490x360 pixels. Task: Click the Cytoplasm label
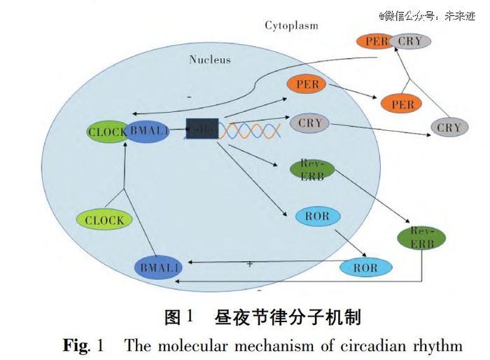291,26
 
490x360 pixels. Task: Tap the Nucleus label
210,60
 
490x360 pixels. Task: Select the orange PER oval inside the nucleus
307,85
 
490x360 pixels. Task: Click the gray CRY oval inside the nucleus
309,123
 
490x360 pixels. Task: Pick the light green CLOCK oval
104,221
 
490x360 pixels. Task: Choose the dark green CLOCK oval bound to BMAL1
106,132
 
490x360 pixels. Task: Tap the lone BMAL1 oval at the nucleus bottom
158,268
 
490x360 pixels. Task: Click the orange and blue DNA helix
252,131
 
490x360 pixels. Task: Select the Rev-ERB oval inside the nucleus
311,169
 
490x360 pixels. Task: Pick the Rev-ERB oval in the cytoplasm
422,237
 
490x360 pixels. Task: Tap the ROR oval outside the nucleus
365,268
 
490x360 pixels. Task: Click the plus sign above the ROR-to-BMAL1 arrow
248,264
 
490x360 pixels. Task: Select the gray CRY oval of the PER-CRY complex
410,41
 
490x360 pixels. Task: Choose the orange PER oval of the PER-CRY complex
374,41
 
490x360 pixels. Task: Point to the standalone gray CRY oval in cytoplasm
449,127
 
